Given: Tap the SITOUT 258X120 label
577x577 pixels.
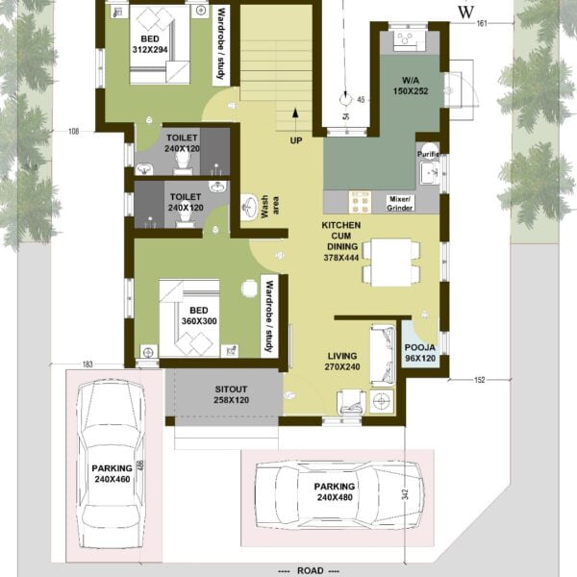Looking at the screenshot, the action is [x=231, y=394].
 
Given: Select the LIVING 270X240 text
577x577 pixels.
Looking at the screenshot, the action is [x=342, y=362].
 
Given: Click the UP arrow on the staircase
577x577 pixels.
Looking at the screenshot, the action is [x=295, y=119].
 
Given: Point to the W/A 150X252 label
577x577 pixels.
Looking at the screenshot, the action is [x=411, y=86].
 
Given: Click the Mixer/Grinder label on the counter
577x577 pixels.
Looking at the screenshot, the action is [x=400, y=203].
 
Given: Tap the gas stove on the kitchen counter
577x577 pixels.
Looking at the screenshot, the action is [x=360, y=202].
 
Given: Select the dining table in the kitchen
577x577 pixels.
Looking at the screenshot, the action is [x=390, y=262].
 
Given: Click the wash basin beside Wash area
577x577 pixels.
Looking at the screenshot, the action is [x=249, y=207].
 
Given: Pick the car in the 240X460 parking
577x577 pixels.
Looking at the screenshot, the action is [x=112, y=465].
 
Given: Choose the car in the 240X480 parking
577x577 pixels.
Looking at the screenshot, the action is [x=339, y=495].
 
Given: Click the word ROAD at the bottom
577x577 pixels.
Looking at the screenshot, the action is [x=311, y=570].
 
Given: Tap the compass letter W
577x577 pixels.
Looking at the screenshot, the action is [x=465, y=13].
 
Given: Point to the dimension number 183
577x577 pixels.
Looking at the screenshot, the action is [x=88, y=364].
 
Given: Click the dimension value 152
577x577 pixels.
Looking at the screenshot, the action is [x=480, y=380].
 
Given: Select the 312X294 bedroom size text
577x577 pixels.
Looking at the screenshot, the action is [x=150, y=49].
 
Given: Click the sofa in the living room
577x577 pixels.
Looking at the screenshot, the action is [x=383, y=355].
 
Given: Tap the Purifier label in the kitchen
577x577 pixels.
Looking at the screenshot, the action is [x=430, y=154].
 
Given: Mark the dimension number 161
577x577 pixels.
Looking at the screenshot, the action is [x=482, y=23].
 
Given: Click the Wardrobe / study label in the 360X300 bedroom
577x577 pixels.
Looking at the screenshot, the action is [x=269, y=315].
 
